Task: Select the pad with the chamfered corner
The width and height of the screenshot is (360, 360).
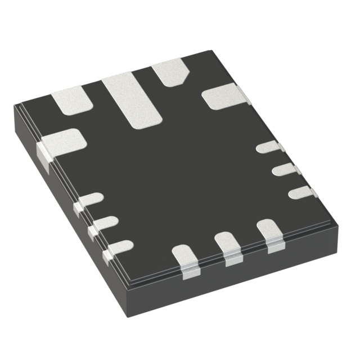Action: tap(170, 72)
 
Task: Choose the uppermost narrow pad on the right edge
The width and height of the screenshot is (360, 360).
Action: tap(269, 147)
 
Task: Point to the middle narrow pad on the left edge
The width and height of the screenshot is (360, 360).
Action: tap(105, 223)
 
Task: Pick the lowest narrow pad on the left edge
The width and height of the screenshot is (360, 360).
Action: tap(119, 246)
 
